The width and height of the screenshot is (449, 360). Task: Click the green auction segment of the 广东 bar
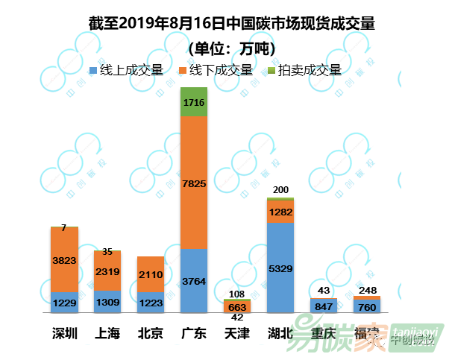click(194, 102)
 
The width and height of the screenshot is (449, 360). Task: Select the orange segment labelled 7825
click(194, 183)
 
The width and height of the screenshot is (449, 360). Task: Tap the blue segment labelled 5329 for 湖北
click(280, 268)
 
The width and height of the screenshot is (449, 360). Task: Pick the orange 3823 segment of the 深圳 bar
click(64, 259)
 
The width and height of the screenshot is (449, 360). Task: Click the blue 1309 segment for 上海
click(107, 301)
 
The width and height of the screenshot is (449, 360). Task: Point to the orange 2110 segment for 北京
click(151, 274)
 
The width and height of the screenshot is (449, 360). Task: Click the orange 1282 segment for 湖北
click(280, 212)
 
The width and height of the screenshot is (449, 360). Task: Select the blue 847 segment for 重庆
click(324, 306)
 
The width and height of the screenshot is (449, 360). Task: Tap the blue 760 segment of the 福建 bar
click(367, 306)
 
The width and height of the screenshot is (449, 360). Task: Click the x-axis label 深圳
click(64, 333)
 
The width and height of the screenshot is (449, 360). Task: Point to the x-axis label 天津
click(237, 333)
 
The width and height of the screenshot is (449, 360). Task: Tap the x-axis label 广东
click(194, 333)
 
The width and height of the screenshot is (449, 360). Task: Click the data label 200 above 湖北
click(280, 191)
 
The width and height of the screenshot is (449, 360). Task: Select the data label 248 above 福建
click(367, 289)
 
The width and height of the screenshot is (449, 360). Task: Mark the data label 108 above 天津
click(237, 293)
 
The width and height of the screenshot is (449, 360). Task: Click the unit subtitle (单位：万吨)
click(230, 48)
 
